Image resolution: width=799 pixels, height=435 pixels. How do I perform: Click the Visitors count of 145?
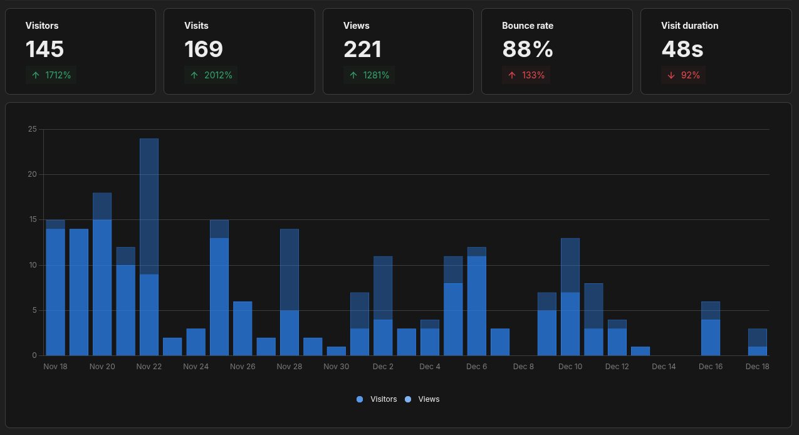point(44,50)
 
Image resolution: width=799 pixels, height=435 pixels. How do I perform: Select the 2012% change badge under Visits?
point(211,75)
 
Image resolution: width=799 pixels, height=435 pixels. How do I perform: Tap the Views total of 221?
point(362,50)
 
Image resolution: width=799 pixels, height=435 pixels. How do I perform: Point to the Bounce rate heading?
point(527,26)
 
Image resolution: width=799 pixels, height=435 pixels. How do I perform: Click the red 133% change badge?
point(526,75)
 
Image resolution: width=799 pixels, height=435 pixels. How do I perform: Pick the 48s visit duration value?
point(682,50)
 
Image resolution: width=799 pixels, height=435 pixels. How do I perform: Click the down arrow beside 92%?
point(671,75)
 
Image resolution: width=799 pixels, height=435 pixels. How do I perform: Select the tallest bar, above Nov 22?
point(149,247)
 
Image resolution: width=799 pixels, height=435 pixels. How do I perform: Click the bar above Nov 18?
point(55,288)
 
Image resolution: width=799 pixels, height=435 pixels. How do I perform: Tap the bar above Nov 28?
point(290,292)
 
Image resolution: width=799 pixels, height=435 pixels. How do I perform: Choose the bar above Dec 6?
point(476,301)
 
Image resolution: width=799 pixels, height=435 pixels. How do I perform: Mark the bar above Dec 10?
point(570,297)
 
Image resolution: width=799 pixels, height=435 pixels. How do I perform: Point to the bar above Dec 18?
point(757,342)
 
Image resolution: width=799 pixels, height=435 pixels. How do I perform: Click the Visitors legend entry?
point(377,399)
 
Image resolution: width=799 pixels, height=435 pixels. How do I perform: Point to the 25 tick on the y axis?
point(33,129)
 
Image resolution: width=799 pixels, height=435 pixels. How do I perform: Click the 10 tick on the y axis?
point(33,265)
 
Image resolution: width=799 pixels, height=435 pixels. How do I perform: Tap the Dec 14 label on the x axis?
point(664,367)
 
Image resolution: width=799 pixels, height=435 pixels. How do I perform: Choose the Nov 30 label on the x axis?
point(337,367)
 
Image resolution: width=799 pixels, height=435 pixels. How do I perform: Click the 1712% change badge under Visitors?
point(52,75)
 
